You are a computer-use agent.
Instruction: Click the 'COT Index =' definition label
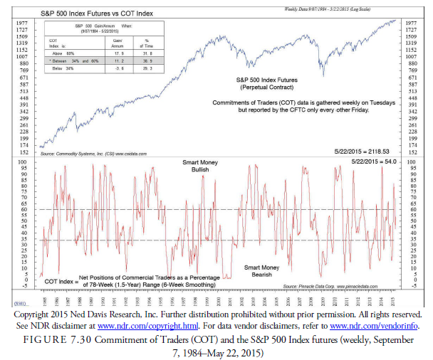[60, 281]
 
